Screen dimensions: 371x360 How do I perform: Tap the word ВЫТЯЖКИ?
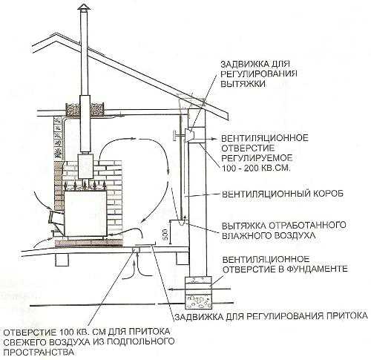coord(243,84)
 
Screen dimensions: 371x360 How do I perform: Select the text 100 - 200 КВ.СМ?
coord(256,168)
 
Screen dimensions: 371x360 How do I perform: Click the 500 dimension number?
coord(165,234)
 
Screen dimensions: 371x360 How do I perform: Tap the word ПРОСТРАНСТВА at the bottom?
coord(39,351)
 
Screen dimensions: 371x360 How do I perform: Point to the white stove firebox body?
coord(85,213)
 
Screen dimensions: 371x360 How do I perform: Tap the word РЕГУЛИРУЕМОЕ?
coord(257,158)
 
